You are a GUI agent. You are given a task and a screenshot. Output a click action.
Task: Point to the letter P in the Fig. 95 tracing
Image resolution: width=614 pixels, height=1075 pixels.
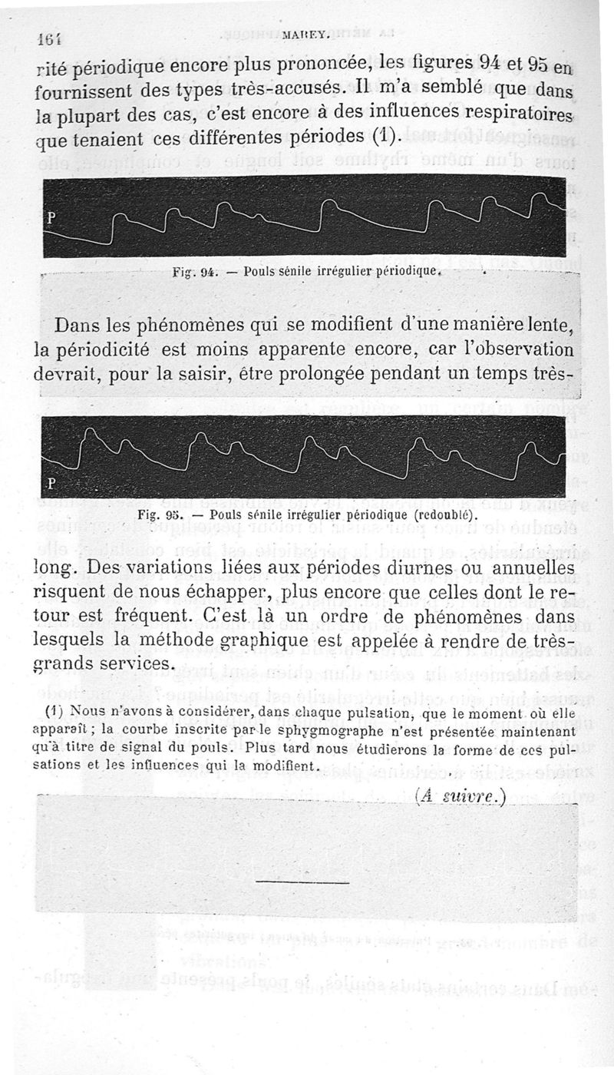pos(53,483)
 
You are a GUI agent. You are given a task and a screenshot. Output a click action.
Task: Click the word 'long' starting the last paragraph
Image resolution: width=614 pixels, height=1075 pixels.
pos(58,568)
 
